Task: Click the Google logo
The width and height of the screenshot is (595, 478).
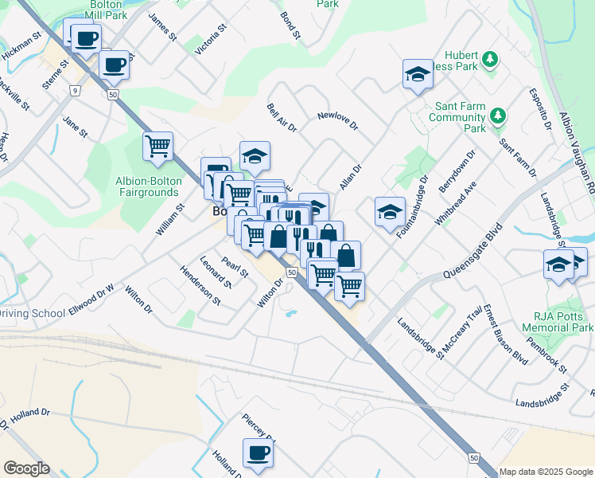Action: (26, 468)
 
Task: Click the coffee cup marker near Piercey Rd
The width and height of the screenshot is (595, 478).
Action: (257, 453)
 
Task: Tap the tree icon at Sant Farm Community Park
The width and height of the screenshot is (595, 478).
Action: (498, 116)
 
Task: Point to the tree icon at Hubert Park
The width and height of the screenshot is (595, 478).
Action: (491, 59)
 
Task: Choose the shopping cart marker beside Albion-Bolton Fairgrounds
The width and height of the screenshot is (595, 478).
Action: (157, 147)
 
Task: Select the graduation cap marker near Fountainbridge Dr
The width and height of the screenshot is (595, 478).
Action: (390, 213)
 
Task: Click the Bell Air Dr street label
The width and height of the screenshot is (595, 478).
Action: (282, 117)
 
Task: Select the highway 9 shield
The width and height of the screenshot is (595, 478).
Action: (75, 91)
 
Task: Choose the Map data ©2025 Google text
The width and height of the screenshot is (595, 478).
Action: (546, 472)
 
